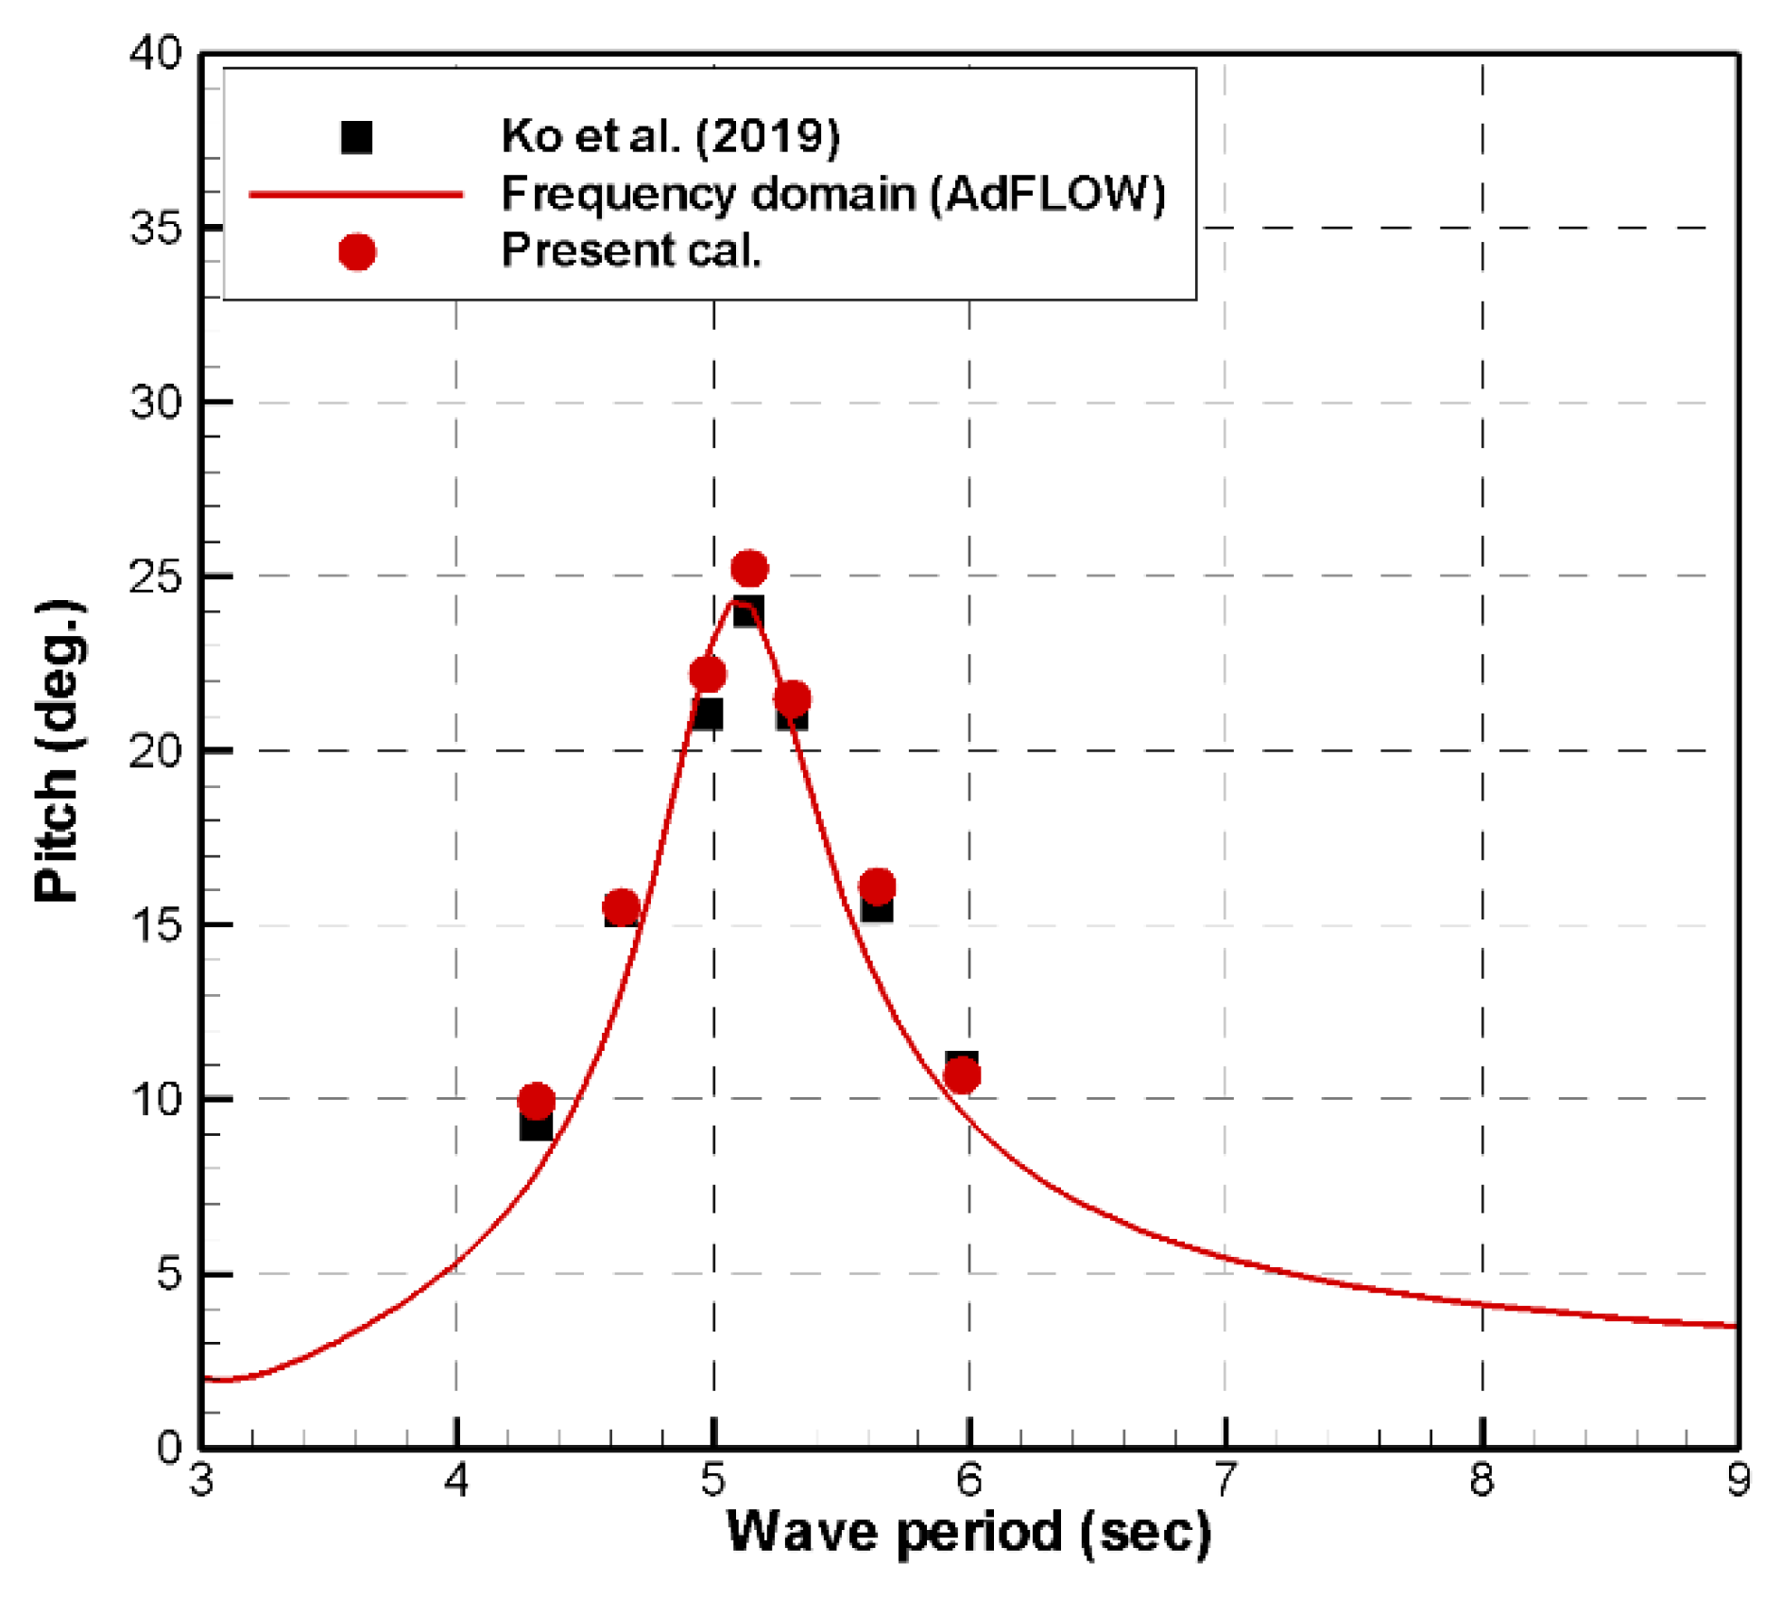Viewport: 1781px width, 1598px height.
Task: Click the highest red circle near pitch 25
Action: coord(749,568)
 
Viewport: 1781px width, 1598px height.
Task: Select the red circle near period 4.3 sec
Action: coord(536,1101)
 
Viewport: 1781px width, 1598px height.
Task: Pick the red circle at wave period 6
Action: coord(962,1075)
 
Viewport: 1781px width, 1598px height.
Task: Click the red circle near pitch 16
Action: coord(877,886)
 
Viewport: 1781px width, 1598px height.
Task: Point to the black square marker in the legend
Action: coord(356,137)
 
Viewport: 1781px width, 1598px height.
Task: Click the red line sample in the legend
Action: coord(356,195)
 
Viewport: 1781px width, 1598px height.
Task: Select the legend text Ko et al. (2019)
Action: coord(670,136)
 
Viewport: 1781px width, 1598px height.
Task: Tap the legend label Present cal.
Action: coord(631,250)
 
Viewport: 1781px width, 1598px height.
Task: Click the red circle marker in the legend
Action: coord(356,251)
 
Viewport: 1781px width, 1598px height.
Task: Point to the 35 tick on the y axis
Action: coord(156,228)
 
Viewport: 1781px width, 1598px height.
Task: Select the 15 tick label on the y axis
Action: coord(156,925)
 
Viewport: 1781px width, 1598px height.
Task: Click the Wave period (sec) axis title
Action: coord(968,1532)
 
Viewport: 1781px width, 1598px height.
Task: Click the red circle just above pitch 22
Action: coord(707,674)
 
